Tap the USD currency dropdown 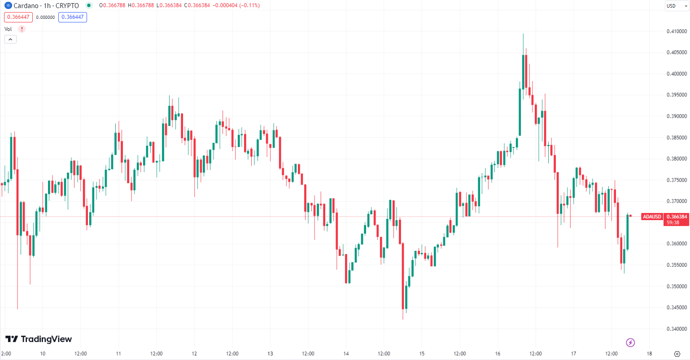tap(676, 6)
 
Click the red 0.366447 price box tap(18, 17)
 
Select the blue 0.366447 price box tap(72, 17)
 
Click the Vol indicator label tap(8, 29)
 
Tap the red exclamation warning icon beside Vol tap(22, 29)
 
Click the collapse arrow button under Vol tap(10, 39)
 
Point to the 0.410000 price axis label tap(677, 31)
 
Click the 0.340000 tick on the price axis tap(677, 329)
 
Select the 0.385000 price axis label tap(677, 138)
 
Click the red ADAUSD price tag tap(652, 217)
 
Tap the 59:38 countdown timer tap(673, 223)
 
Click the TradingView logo tap(39, 339)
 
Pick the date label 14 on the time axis tap(346, 354)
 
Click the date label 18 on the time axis tap(649, 354)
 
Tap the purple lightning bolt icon tap(630, 343)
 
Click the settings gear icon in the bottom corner tap(677, 354)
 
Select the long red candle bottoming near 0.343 tap(403, 276)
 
